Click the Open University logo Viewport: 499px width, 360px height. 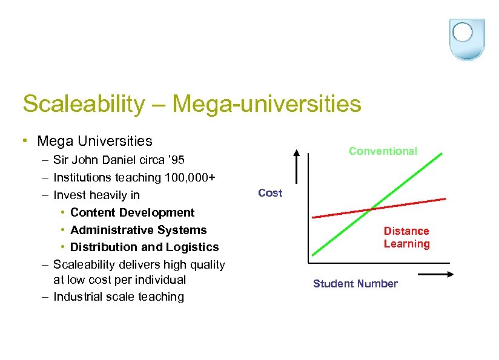[468, 38]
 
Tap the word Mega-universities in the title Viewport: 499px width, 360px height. [266, 104]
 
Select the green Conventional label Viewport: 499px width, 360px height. [383, 151]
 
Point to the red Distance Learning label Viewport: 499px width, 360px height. [406, 237]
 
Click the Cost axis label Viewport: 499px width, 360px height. [270, 193]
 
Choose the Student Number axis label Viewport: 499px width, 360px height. [355, 284]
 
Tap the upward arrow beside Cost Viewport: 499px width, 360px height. [297, 165]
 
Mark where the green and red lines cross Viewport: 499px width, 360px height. [371, 209]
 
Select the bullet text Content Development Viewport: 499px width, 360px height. [133, 212]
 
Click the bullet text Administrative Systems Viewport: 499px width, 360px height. [139, 230]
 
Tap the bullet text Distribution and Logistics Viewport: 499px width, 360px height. [145, 247]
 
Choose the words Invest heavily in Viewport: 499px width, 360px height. [96, 195]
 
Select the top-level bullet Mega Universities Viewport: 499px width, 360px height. [94, 141]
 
